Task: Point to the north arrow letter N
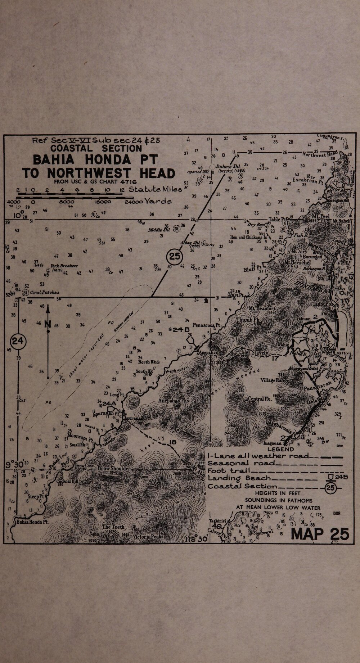(48, 325)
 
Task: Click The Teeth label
(113, 527)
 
